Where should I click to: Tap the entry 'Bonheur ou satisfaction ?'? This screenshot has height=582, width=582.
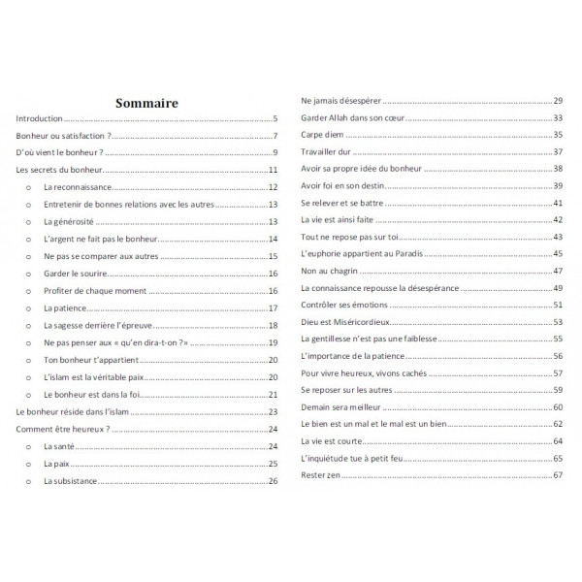[61, 135]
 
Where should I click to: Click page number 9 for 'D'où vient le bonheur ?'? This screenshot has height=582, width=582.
[275, 152]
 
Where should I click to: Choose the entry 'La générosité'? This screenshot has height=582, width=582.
[70, 222]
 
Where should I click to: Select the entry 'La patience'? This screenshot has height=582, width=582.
[66, 308]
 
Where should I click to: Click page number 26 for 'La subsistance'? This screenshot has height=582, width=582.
[274, 481]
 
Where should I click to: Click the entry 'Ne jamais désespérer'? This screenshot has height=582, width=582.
[340, 100]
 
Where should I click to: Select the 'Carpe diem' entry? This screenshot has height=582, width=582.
[323, 135]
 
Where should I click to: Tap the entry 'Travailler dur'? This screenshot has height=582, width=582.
[328, 152]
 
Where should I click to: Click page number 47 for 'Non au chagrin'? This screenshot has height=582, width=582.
[558, 271]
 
